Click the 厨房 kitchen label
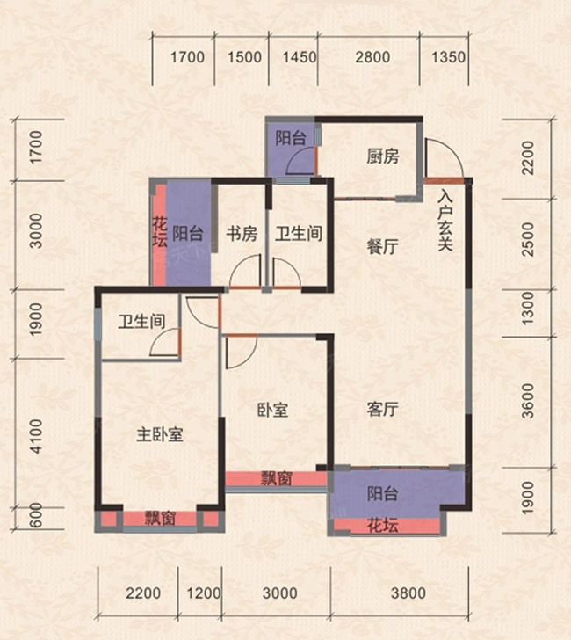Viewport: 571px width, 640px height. point(382,157)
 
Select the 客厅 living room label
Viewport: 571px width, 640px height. point(382,410)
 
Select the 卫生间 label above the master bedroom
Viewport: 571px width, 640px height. point(142,322)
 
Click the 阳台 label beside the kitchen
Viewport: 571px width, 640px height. point(290,138)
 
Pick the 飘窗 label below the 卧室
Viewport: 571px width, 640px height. point(278,479)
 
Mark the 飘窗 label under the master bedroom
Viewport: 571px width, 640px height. point(160,519)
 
